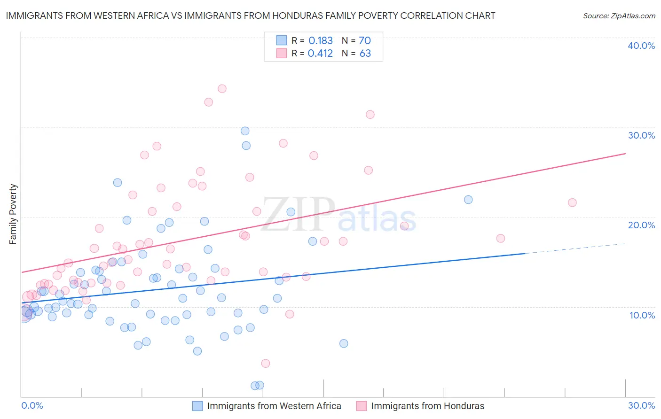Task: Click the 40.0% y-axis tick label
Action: pyautogui.click(x=641, y=46)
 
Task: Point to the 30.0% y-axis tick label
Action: pyautogui.click(x=641, y=135)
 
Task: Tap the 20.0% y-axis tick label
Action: pyautogui.click(x=641, y=225)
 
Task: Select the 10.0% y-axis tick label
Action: pyautogui.click(x=642, y=315)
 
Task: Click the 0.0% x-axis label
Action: pyautogui.click(x=32, y=405)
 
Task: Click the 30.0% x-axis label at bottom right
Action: pyautogui.click(x=641, y=405)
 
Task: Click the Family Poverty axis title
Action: pyautogui.click(x=13, y=214)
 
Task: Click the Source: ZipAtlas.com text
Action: pyautogui.click(x=619, y=16)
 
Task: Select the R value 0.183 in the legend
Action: pyautogui.click(x=320, y=41)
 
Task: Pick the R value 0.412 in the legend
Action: pyautogui.click(x=320, y=54)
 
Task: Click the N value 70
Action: pyautogui.click(x=365, y=41)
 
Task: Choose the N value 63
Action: pyautogui.click(x=365, y=54)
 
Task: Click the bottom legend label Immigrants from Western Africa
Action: pyautogui.click(x=274, y=406)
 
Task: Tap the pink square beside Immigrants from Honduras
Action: pyautogui.click(x=361, y=406)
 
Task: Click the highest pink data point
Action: pyautogui.click(x=222, y=89)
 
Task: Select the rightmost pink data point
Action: pyautogui.click(x=572, y=202)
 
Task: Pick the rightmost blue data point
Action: pyautogui.click(x=468, y=200)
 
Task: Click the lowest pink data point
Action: pyautogui.click(x=266, y=363)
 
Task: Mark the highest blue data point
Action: pyautogui.click(x=245, y=131)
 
